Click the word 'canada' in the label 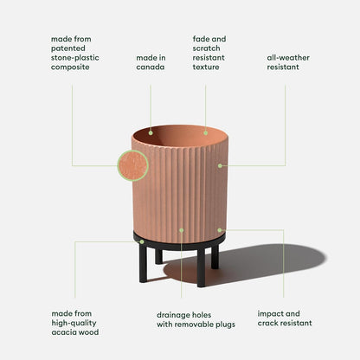[x=151, y=67]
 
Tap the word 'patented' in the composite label [x=68, y=48]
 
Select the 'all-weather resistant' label [x=288, y=62]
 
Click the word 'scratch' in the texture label [x=206, y=48]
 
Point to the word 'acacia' [x=64, y=332]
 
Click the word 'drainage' [x=172, y=315]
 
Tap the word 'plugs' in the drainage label [x=225, y=325]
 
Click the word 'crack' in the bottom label [x=267, y=323]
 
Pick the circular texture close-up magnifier [x=132, y=165]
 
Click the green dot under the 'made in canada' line [x=151, y=133]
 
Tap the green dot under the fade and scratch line [x=205, y=133]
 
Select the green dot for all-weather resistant [x=220, y=165]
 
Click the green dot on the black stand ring [x=142, y=241]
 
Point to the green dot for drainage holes [x=182, y=230]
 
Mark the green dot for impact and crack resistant [x=220, y=230]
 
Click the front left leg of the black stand [x=143, y=263]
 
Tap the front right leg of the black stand [x=201, y=267]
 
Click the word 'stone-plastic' [x=75, y=58]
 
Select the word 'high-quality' [x=74, y=324]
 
